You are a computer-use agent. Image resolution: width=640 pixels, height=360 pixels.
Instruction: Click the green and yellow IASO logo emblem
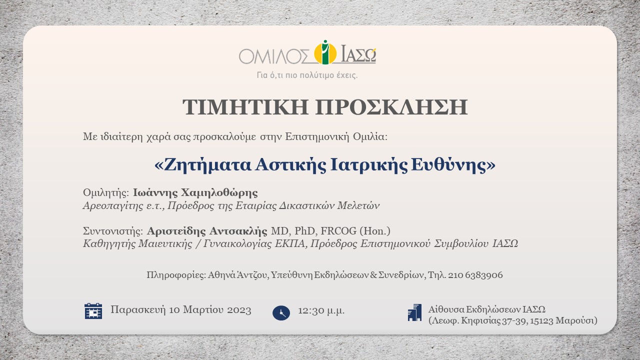coord(325,52)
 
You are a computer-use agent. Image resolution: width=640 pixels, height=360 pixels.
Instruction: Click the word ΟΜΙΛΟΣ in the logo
coord(274,55)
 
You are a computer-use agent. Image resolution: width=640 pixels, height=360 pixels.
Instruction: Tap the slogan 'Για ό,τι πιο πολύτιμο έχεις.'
coord(307,75)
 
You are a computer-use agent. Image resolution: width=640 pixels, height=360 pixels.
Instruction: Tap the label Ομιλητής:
coord(106,193)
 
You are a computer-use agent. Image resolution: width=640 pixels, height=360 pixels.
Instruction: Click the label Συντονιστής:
coord(113,231)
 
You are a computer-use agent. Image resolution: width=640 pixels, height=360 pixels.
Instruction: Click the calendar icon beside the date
coord(93,311)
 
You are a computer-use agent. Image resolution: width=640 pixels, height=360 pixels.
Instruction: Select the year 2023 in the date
coord(239,310)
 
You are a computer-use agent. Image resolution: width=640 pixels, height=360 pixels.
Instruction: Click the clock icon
coord(281,312)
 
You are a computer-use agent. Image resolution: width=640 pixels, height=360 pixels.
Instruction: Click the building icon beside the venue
coord(414,312)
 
